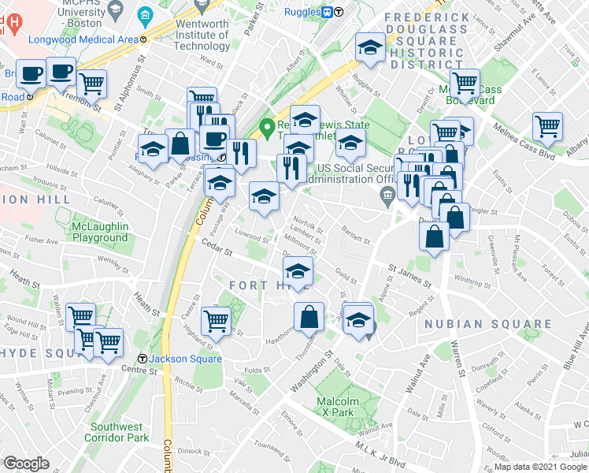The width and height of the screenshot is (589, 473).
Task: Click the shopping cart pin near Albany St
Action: (x=546, y=125)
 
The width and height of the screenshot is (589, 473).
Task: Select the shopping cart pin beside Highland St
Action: (x=217, y=320)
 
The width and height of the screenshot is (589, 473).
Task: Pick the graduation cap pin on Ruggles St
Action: (x=369, y=48)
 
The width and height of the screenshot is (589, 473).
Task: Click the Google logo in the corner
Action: (x=26, y=464)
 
